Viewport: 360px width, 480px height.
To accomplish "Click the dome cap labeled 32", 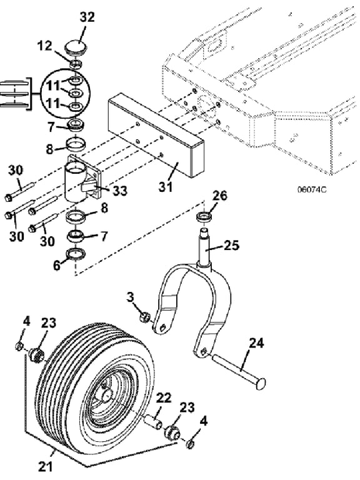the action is click(76, 48).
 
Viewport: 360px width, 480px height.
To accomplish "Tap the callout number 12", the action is click(45, 46).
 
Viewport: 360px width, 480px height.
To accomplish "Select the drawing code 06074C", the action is click(312, 189).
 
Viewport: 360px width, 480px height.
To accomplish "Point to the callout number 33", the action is click(120, 191).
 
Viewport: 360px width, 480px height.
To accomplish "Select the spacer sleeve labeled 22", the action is click(152, 421).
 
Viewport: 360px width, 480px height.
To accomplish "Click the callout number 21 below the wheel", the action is click(46, 467).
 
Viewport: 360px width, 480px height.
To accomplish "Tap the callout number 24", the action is click(256, 343).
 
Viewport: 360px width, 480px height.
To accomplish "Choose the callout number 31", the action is click(166, 186).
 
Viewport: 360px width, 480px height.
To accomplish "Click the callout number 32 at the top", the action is click(87, 17).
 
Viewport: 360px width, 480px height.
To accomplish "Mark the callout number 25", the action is click(231, 245).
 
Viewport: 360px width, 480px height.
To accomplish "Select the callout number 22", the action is click(164, 398).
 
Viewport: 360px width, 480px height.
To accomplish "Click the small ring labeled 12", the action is click(76, 64).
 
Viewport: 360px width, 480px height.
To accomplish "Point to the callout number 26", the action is click(219, 196).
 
